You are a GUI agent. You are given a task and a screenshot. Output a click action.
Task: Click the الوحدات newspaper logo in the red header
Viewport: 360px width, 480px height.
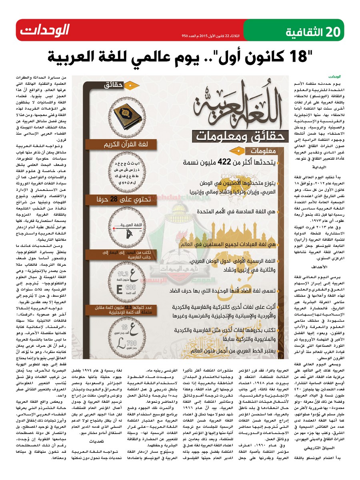tap(45, 30)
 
